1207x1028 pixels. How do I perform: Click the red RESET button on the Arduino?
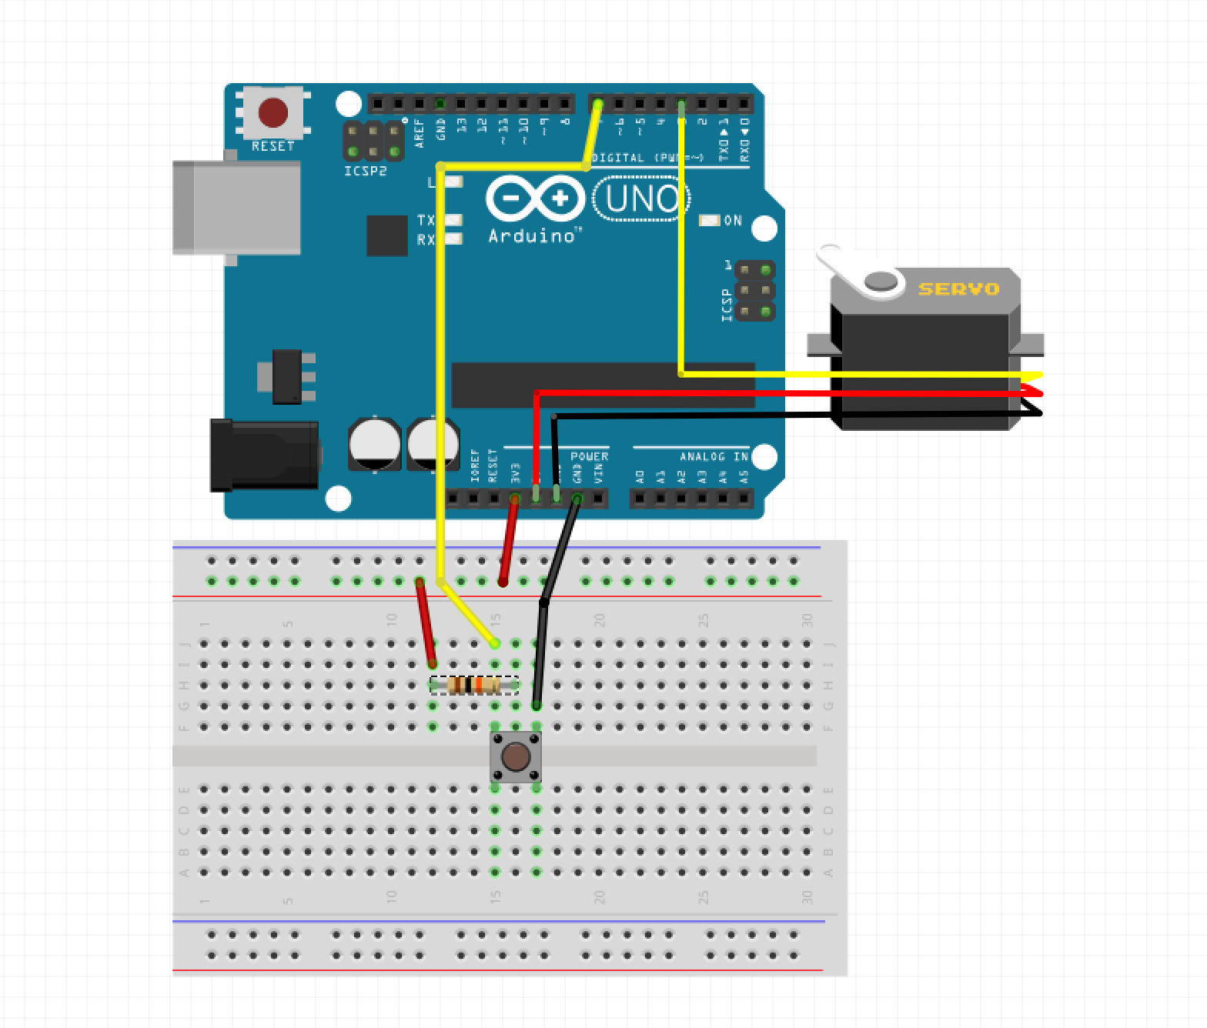coord(272,113)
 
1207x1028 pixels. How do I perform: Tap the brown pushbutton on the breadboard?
coord(515,757)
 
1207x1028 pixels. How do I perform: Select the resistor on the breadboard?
coord(473,685)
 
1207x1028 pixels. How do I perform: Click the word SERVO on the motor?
coord(958,289)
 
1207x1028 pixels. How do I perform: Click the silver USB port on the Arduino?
coord(236,207)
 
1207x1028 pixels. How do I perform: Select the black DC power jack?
coord(264,455)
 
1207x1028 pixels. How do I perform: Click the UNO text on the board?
coord(641,199)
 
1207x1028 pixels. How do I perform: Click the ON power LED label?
coord(732,221)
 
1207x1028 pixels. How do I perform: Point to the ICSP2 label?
coord(365,171)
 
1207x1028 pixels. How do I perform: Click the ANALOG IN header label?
coord(713,456)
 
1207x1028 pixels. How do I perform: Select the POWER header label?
coord(589,456)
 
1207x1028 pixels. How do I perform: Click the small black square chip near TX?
coord(386,235)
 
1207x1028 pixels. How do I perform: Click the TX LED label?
coord(425,221)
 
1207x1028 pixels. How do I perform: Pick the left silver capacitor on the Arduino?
coord(374,444)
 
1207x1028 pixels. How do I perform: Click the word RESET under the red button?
coord(272,146)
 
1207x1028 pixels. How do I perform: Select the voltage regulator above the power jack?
coord(291,376)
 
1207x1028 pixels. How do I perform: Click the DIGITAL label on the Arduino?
coord(617,158)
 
